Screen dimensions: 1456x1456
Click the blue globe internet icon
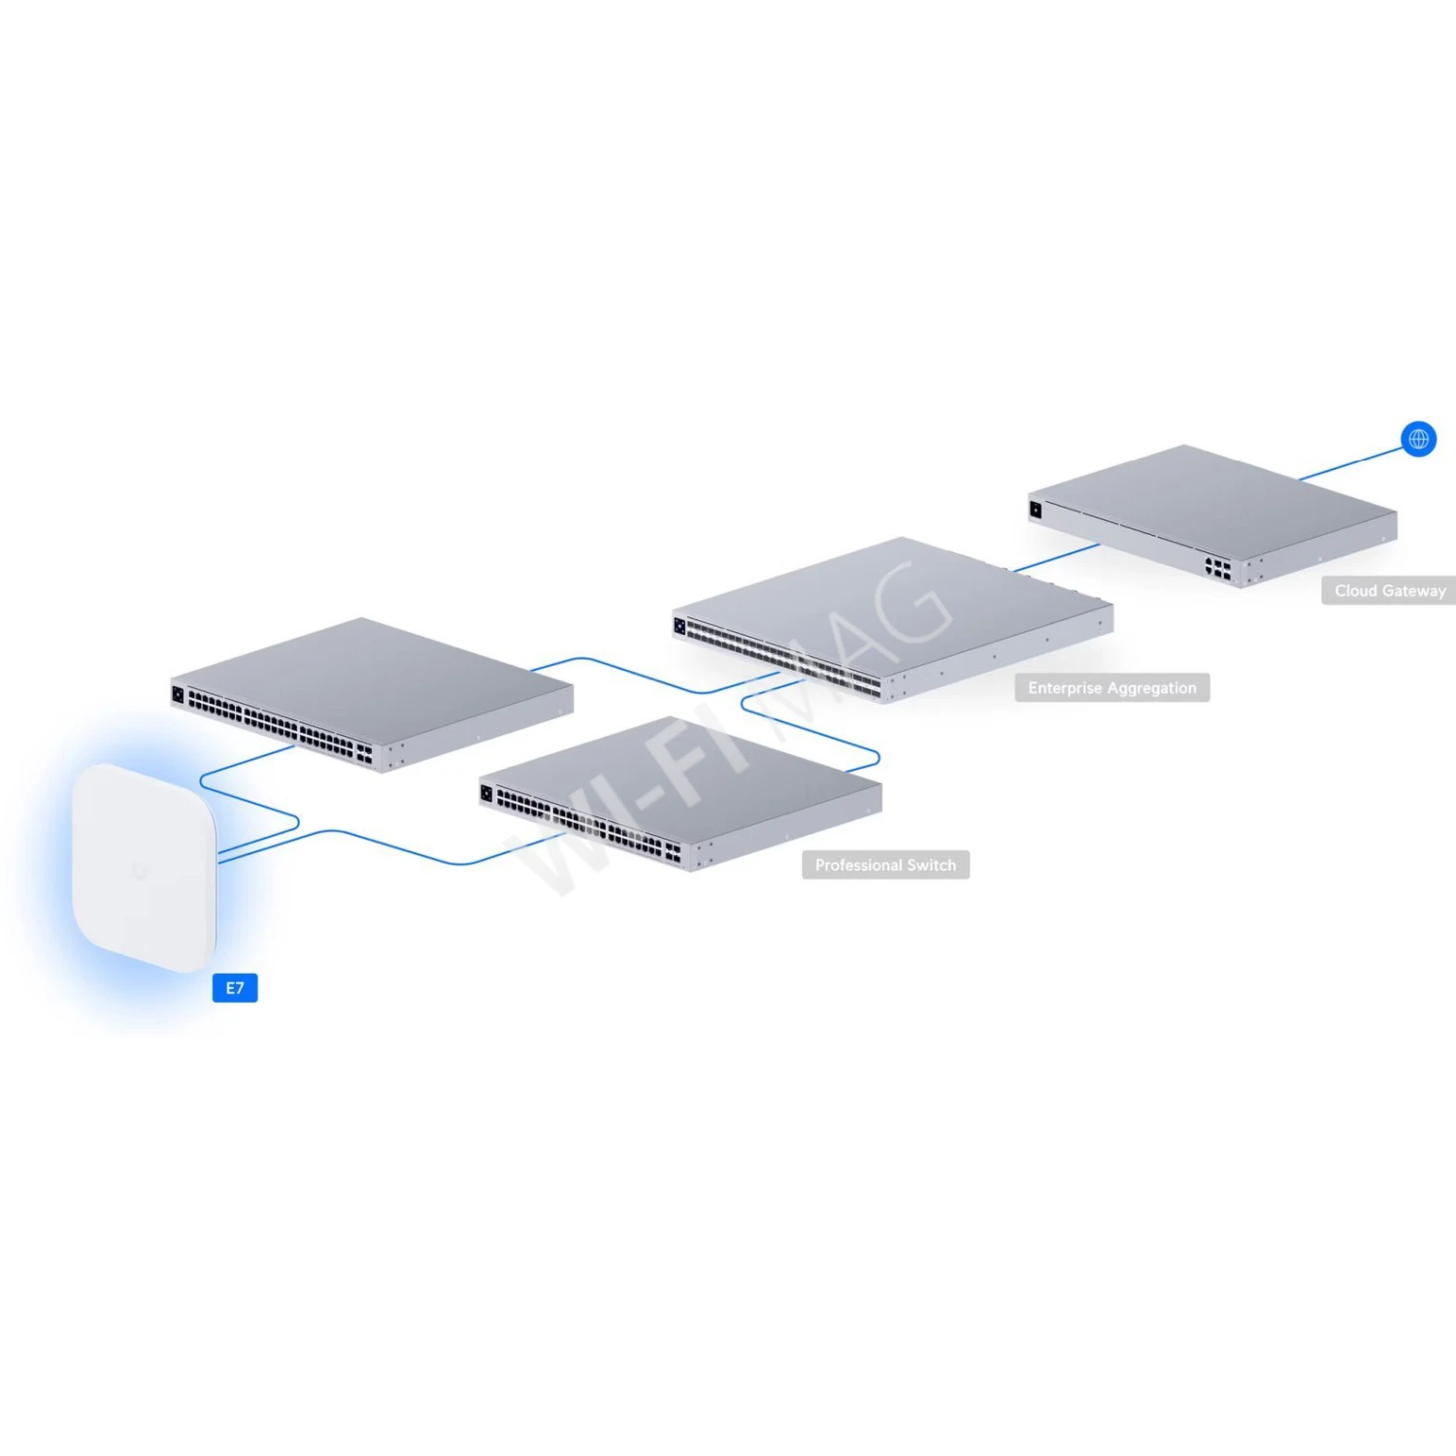tap(1418, 439)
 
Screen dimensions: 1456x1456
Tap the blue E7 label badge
tap(235, 988)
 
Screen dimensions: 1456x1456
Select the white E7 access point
tap(143, 864)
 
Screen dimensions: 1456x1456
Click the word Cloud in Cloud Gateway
tap(1356, 590)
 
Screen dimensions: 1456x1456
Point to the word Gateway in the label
tap(1414, 590)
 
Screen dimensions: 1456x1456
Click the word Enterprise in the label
tap(1065, 688)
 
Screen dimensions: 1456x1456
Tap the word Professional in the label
tap(858, 865)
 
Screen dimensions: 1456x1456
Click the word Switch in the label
tap(932, 865)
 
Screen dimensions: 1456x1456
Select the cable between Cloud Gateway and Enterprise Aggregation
tap(1056, 558)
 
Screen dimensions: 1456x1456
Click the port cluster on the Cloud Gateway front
tap(1218, 569)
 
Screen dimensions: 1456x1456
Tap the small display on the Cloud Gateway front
tap(1036, 510)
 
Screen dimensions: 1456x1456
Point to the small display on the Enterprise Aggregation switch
tap(679, 626)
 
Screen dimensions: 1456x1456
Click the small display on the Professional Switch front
tap(486, 793)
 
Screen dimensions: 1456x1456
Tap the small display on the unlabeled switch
tap(178, 694)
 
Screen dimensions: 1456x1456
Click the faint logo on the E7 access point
tap(139, 871)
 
